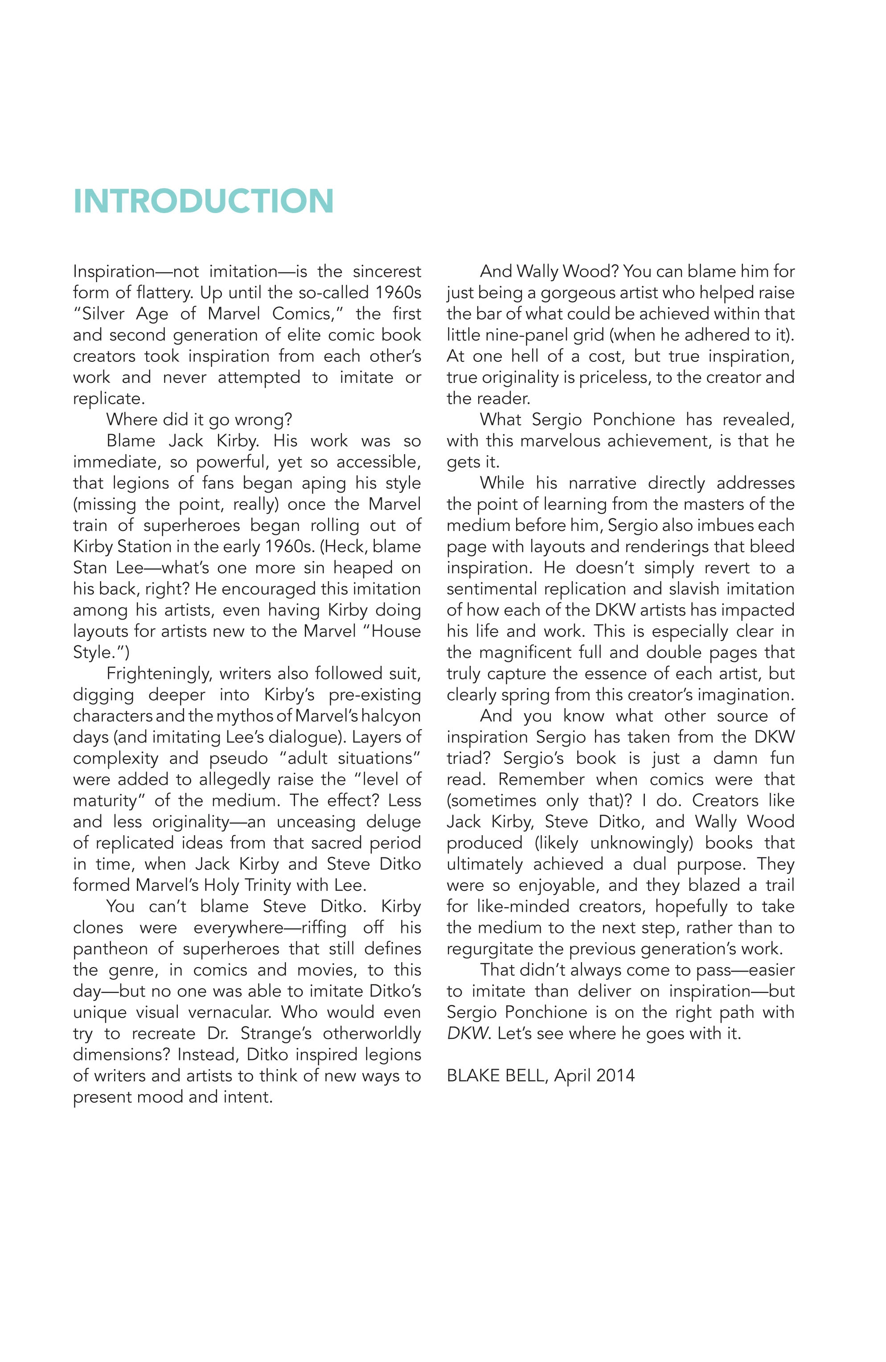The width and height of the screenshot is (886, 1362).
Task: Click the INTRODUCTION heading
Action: [203, 201]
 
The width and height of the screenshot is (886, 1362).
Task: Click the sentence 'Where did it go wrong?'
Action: [199, 419]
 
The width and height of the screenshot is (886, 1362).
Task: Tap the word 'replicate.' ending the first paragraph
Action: [109, 398]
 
